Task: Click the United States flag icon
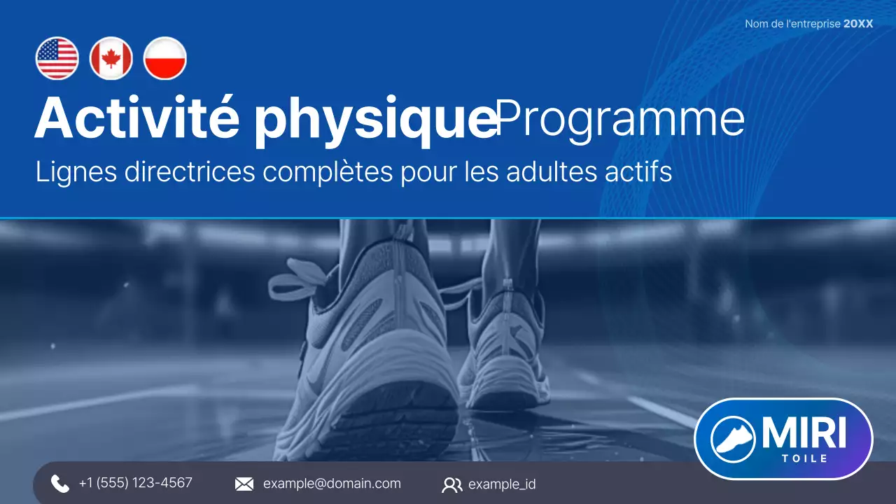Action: tap(57, 58)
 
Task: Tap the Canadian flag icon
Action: tap(111, 58)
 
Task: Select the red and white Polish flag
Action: tap(165, 58)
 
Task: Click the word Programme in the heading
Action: tap(620, 120)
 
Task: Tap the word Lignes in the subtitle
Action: tap(76, 172)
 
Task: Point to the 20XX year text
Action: tap(858, 24)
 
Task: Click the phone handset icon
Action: tap(60, 484)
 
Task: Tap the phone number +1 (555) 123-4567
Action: tap(135, 483)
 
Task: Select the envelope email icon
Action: tap(244, 484)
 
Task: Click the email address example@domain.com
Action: tap(332, 484)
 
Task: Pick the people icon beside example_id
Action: tap(452, 484)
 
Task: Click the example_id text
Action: tap(502, 484)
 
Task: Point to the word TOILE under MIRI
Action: tap(804, 458)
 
